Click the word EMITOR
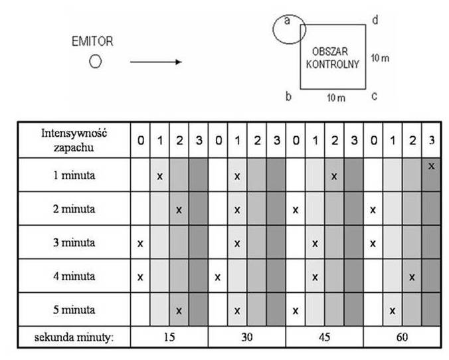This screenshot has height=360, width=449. point(92,41)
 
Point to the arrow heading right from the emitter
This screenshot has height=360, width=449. point(156,62)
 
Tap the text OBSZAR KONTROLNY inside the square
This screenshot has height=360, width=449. point(332,58)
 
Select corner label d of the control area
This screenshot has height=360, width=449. point(375,20)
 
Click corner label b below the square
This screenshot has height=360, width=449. point(288,96)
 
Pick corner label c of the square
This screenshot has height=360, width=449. point(374,96)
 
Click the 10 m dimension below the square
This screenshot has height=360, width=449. point(336,98)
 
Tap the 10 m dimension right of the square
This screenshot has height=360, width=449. point(380,58)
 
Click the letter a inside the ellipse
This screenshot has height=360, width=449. point(287,21)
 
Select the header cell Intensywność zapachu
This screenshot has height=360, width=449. point(74,140)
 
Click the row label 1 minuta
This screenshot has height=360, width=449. point(74,175)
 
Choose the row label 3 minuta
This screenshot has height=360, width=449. point(74,242)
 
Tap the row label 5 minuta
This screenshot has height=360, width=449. point(74,310)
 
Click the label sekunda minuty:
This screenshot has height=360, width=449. point(74,337)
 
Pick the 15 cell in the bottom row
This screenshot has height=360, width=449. point(169,337)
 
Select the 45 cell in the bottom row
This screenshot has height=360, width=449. point(324,337)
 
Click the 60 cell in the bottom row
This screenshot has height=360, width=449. point(402,337)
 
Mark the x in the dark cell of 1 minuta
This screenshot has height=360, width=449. point(431,166)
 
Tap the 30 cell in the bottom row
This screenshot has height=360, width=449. point(247,337)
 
